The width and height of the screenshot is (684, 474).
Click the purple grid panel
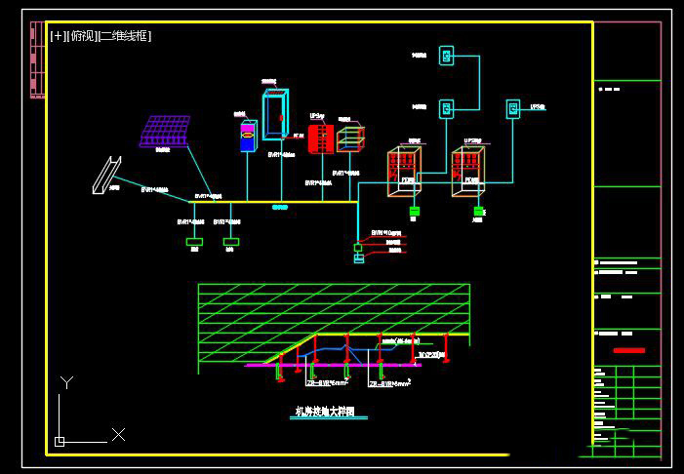pyautogui.click(x=165, y=131)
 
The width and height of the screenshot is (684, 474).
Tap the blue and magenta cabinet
pyautogui.click(x=248, y=136)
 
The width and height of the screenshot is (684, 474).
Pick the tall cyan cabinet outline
pyautogui.click(x=275, y=115)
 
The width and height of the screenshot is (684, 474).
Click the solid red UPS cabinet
pyautogui.click(x=320, y=138)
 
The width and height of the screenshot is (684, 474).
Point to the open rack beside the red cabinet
pyautogui.click(x=349, y=138)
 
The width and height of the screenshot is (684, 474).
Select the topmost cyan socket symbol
pyautogui.click(x=446, y=56)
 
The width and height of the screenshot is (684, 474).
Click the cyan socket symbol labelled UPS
pyautogui.click(x=512, y=108)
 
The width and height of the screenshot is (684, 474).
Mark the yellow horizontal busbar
pyautogui.click(x=272, y=202)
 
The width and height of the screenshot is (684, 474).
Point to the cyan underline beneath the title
pyautogui.click(x=331, y=418)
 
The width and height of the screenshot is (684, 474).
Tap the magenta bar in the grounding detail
pyautogui.click(x=293, y=365)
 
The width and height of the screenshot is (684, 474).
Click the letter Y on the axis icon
pyautogui.click(x=66, y=382)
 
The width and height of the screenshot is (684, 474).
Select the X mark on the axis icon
pyautogui.click(x=118, y=434)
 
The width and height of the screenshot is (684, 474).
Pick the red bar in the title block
pyautogui.click(x=629, y=349)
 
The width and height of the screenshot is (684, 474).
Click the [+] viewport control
pyautogui.click(x=58, y=36)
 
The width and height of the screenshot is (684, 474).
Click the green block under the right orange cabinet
pyautogui.click(x=478, y=211)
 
